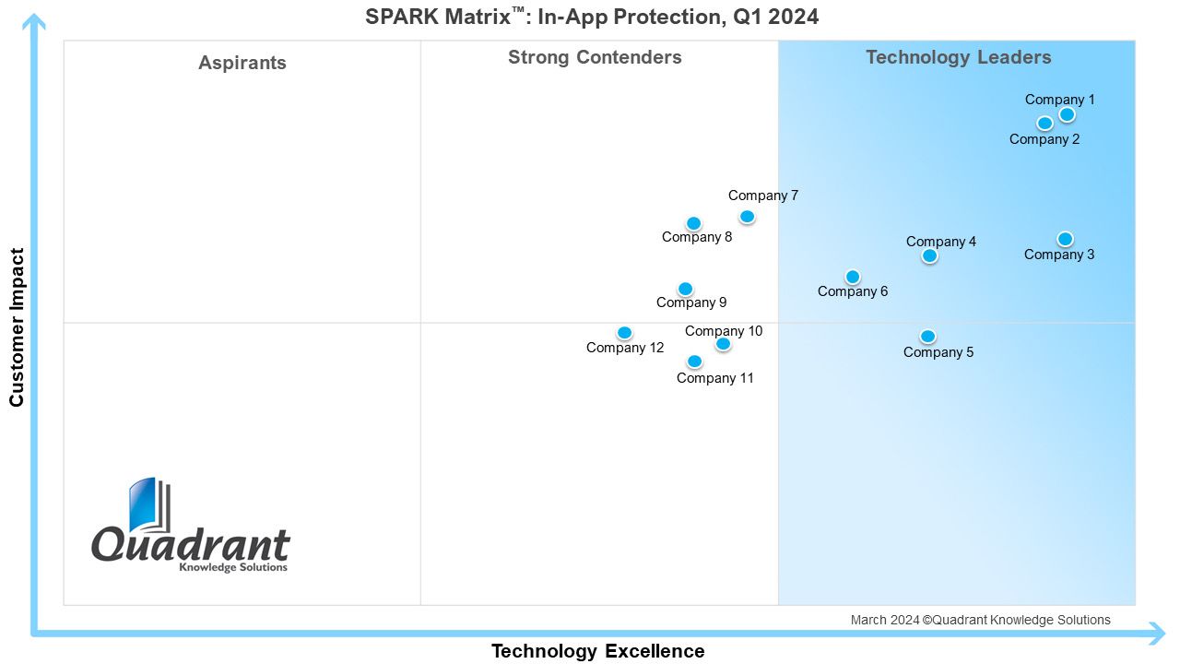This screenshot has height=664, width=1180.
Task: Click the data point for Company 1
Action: pyautogui.click(x=1067, y=114)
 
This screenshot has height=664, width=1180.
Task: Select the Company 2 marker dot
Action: pyautogui.click(x=1044, y=124)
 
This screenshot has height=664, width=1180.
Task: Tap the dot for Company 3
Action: pyautogui.click(x=1065, y=239)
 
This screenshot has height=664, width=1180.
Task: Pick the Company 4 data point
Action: pyautogui.click(x=930, y=255)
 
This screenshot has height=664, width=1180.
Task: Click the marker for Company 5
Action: pyautogui.click(x=927, y=336)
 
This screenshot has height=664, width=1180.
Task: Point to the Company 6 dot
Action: pyautogui.click(x=853, y=276)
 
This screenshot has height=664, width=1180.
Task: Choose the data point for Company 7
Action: pyautogui.click(x=747, y=216)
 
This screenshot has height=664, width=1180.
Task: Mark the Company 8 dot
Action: pyautogui.click(x=694, y=223)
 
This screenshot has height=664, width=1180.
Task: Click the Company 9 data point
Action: pyautogui.click(x=685, y=289)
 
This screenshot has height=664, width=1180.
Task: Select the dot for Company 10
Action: pyautogui.click(x=724, y=344)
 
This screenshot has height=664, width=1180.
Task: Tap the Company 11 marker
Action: pyautogui.click(x=695, y=361)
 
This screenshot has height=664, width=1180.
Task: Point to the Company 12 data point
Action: pyautogui.click(x=624, y=333)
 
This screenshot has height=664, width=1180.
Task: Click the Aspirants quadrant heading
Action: pyautogui.click(x=242, y=63)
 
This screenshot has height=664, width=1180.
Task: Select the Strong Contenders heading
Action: pyautogui.click(x=595, y=57)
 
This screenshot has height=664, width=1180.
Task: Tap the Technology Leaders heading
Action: pyautogui.click(x=959, y=57)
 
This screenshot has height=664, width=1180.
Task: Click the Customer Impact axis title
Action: pyautogui.click(x=17, y=327)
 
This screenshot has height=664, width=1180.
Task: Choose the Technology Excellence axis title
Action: pyautogui.click(x=598, y=651)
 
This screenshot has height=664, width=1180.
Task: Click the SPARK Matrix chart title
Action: pyautogui.click(x=592, y=17)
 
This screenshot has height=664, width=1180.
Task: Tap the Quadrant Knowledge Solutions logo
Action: pyautogui.click(x=191, y=525)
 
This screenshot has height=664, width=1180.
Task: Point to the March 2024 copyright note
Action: pyautogui.click(x=980, y=620)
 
